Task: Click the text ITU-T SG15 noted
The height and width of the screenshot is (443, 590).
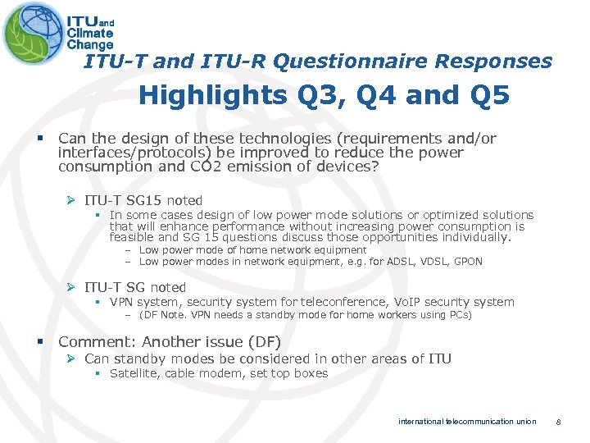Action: pos(143,200)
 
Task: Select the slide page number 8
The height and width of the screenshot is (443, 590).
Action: pos(557,422)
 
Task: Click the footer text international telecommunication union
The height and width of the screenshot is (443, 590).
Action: pos(467,422)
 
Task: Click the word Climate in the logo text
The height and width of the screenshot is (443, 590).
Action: pos(91,34)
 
